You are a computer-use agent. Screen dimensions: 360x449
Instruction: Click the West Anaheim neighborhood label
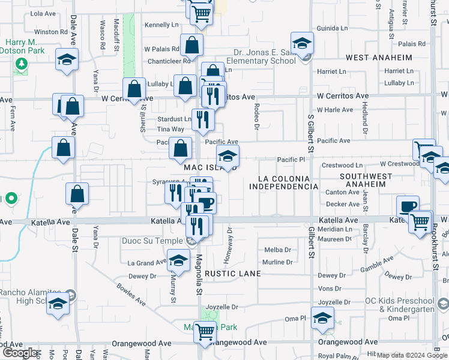click(x=379, y=58)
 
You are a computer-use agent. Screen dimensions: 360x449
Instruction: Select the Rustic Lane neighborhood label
click(x=233, y=274)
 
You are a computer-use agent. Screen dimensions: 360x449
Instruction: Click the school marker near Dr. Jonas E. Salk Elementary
click(x=301, y=44)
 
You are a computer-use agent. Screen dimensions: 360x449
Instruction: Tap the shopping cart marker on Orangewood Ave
click(x=205, y=331)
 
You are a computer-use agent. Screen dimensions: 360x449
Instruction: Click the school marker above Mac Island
click(x=228, y=157)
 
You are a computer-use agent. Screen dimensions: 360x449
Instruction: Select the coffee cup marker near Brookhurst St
click(x=408, y=207)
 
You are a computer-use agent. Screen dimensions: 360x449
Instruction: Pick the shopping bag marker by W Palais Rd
click(x=191, y=46)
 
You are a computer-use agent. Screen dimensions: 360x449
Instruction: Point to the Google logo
click(x=20, y=352)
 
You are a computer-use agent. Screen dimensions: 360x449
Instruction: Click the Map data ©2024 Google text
click(x=412, y=355)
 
